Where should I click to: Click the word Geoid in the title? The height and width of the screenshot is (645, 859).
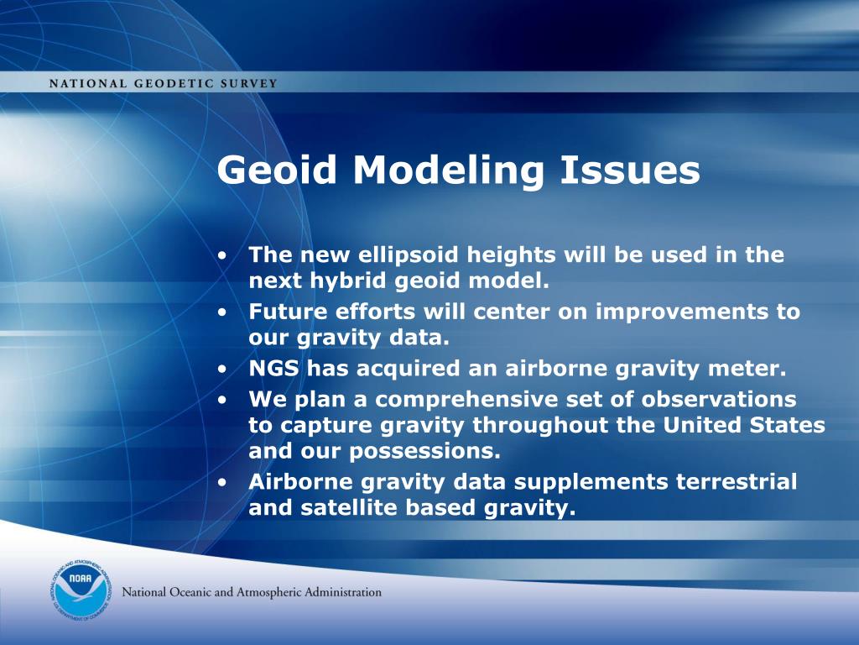(x=277, y=170)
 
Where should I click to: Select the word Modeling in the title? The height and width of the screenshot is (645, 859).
(x=448, y=170)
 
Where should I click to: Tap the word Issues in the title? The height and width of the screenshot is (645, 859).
(x=629, y=170)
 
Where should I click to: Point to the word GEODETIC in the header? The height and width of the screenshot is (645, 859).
(x=174, y=84)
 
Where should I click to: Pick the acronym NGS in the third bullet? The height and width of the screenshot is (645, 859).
(x=274, y=369)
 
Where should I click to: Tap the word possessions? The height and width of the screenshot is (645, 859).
(x=424, y=451)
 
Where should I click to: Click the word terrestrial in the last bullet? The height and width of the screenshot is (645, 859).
(x=737, y=482)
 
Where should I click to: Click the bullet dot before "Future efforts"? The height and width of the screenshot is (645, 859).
(x=221, y=312)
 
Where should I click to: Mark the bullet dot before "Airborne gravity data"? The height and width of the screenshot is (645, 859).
(x=221, y=483)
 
